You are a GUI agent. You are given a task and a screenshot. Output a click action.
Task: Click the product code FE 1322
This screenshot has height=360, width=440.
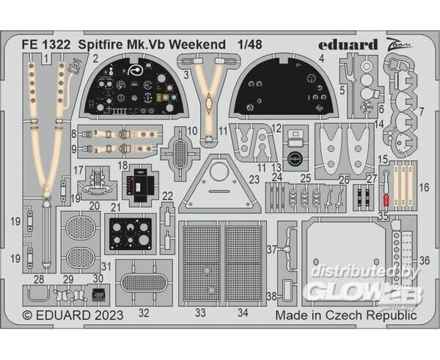click(46, 45)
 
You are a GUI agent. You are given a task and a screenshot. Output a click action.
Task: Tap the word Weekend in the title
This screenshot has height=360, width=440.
click(197, 45)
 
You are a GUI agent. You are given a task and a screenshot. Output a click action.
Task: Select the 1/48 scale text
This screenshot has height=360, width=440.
click(250, 45)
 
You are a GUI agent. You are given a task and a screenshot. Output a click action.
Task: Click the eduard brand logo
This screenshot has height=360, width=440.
click(348, 45)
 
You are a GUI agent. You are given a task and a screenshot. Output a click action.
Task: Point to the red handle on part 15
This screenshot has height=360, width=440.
click(386, 200)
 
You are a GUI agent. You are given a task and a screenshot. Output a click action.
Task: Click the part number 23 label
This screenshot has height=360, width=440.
click(254, 179)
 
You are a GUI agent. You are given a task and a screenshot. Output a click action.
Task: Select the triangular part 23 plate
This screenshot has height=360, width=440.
click(220, 185)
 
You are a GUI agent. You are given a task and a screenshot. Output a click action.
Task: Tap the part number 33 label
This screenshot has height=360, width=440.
click(200, 312)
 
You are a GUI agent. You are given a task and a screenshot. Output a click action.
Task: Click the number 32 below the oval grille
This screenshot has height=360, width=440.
click(144, 312)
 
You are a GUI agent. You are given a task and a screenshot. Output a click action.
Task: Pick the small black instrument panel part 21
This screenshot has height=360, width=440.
click(131, 234)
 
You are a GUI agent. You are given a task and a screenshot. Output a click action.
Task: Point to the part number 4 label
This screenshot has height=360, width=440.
click(322, 59)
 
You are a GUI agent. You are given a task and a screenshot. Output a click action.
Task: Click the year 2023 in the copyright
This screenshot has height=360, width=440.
click(109, 315)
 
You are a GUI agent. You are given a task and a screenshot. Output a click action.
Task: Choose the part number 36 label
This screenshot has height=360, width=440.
click(425, 261)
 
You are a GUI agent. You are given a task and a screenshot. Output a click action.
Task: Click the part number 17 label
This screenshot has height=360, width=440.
click(78, 170)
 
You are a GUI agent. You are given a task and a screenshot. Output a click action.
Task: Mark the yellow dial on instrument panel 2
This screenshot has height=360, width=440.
click(159, 98)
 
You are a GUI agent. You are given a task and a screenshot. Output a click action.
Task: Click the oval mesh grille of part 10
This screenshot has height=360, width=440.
click(180, 153)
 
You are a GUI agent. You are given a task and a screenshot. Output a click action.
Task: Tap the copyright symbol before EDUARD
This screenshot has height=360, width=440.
click(28, 315)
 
